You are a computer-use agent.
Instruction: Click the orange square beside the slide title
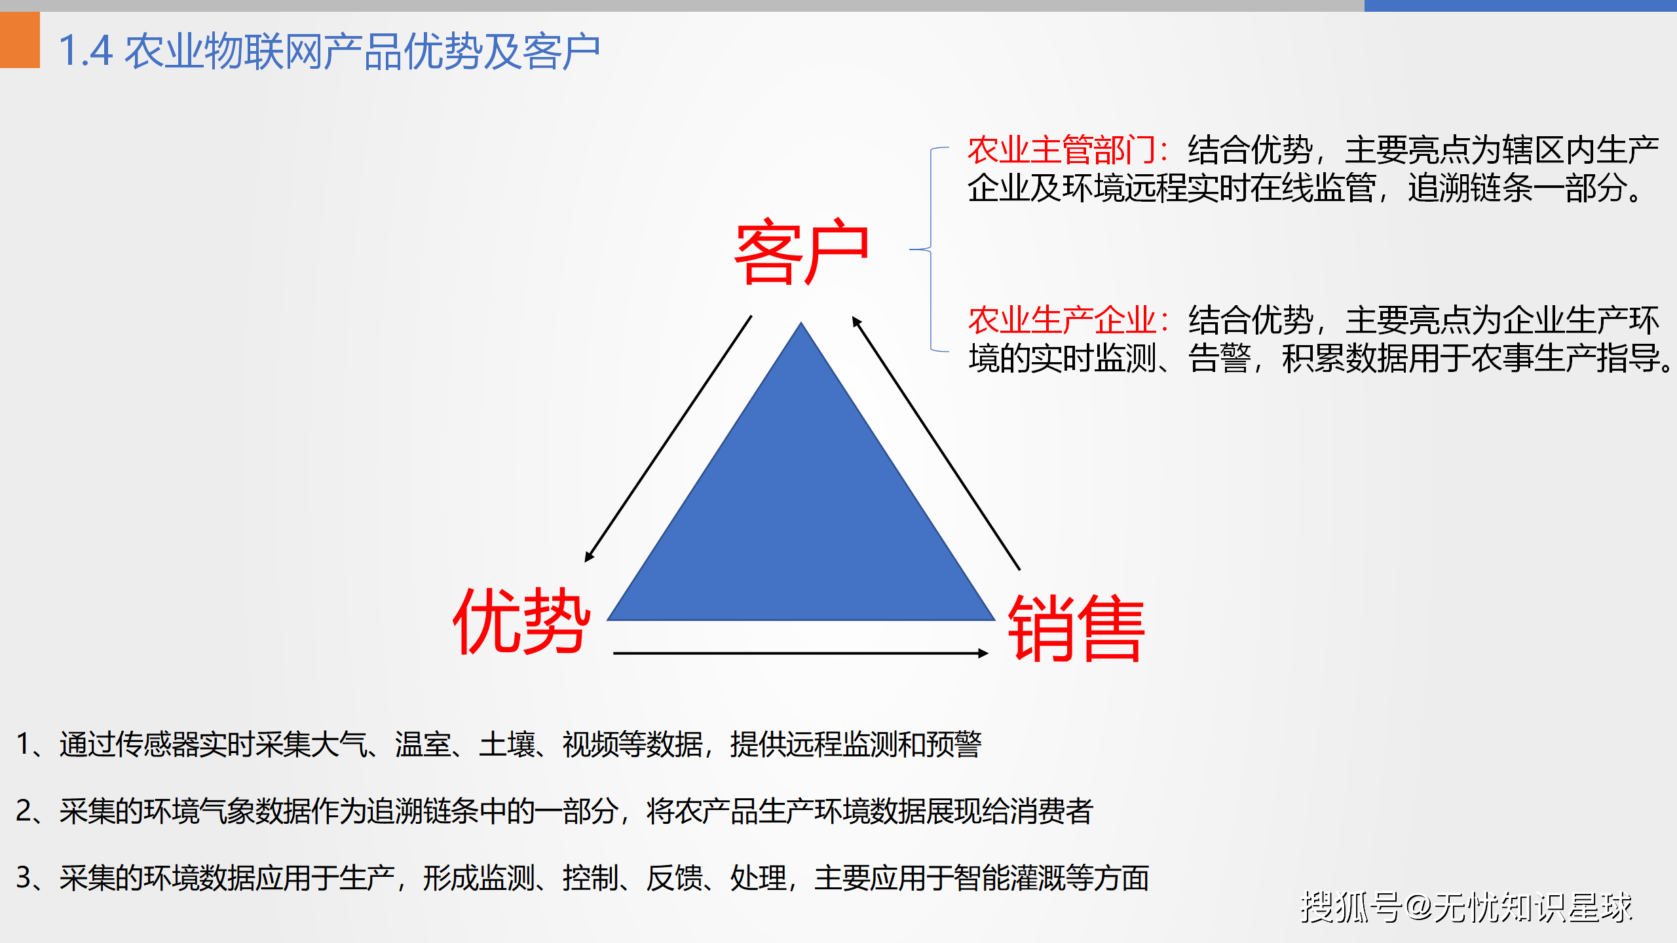click(20, 39)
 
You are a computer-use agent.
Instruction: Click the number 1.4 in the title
click(86, 51)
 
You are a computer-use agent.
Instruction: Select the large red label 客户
click(802, 251)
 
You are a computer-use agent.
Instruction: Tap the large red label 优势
click(521, 620)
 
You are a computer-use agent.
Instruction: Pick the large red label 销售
click(1076, 628)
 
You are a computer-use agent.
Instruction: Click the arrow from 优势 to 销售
click(801, 653)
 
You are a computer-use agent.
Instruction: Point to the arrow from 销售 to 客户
click(935, 443)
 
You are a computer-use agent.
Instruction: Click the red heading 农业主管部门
click(1062, 150)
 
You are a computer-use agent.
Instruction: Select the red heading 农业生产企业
click(1063, 320)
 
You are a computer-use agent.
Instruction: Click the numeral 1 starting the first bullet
click(24, 744)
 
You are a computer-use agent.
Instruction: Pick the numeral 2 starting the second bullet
click(24, 811)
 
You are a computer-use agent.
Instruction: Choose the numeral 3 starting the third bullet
click(24, 878)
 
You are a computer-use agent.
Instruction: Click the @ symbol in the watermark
click(1419, 908)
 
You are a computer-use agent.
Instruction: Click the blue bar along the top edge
click(1520, 5)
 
